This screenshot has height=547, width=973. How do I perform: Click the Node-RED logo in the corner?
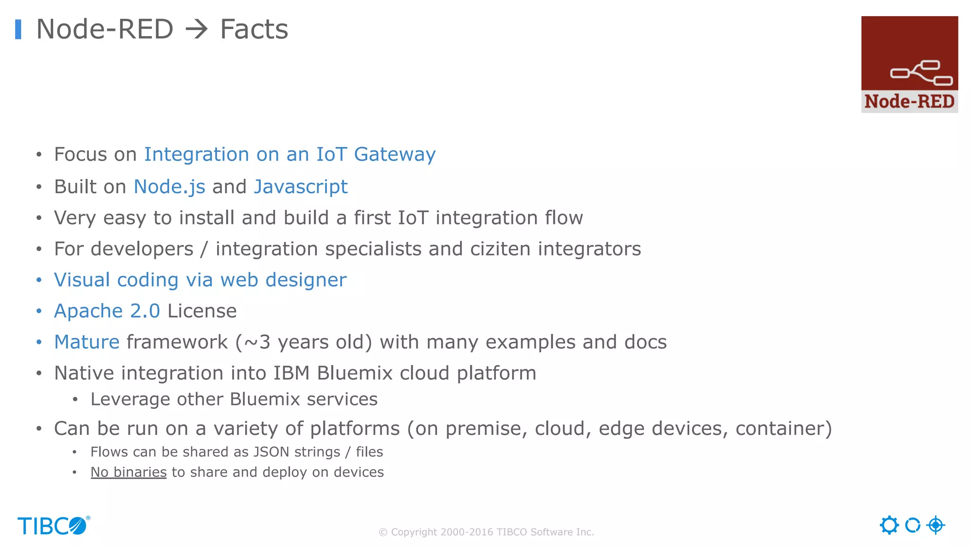909,64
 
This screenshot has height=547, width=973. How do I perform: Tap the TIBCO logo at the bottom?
53,526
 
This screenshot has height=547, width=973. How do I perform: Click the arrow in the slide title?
196,29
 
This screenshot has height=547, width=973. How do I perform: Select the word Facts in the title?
254,29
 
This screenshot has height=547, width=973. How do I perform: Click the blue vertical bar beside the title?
18,29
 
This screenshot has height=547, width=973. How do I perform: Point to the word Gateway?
394,155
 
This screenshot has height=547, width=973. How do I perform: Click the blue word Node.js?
169,187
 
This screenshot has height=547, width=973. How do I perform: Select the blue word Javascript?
300,187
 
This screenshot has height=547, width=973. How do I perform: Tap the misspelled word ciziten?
500,249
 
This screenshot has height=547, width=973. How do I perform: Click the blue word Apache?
88,311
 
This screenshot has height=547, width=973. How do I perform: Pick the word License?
202,311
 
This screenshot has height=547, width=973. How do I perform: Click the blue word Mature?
86,342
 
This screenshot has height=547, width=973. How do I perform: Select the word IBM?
291,373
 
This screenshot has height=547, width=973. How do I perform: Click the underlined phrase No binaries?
128,472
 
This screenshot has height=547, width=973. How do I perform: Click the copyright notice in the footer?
486,532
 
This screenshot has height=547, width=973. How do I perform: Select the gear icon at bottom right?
889,525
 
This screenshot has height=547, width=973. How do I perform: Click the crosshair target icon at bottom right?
935,525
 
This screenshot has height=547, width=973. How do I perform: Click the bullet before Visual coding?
39,280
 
